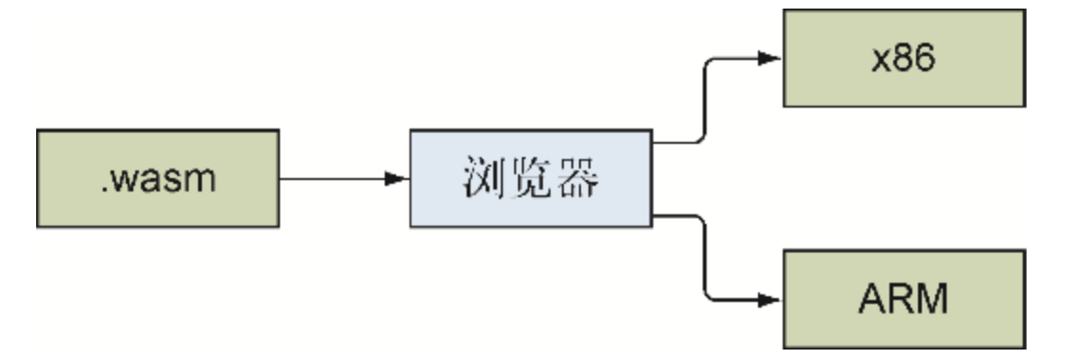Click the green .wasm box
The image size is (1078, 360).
[x=158, y=178]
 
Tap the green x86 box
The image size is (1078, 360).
[x=903, y=58]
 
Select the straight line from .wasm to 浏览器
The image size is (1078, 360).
[x=333, y=179]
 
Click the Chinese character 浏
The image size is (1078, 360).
[x=487, y=179]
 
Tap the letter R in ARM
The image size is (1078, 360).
[x=901, y=299]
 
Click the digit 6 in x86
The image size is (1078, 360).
[x=927, y=58]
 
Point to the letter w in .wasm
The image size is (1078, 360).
[x=124, y=181]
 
